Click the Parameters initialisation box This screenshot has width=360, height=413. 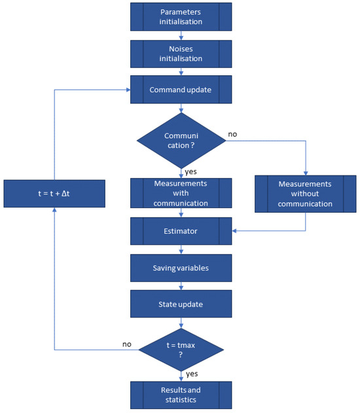pos(181,17)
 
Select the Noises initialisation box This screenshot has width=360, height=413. pos(181,54)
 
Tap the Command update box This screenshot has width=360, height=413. pos(181,90)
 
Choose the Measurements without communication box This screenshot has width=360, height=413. pos(306,194)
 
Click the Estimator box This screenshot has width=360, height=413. pos(181,230)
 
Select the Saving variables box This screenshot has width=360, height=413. pos(181,268)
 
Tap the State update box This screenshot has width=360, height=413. pos(181,304)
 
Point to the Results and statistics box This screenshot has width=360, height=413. pos(181,395)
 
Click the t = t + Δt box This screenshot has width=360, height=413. pos(54,194)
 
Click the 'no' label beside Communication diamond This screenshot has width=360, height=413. pos(232,134)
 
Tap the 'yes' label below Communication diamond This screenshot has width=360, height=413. pos(190,172)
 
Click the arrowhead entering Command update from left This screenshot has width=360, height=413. pos(127,90)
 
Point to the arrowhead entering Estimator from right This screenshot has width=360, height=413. pos(236,230)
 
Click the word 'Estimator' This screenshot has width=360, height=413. pos(181,230)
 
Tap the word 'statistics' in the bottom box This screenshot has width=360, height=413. pos(181,399)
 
